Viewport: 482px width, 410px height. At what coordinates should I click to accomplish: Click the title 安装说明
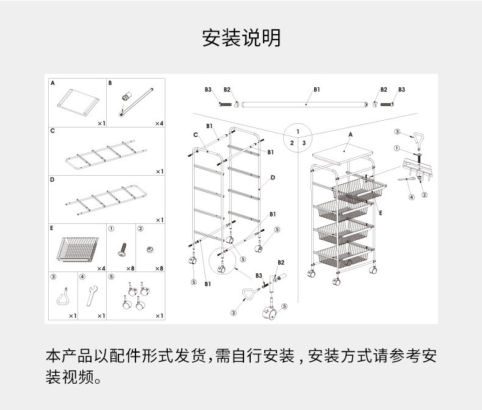(x=241, y=38)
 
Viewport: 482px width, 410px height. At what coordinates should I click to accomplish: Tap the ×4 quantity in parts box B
(x=159, y=123)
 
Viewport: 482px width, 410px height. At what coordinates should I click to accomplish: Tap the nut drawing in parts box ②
(x=148, y=249)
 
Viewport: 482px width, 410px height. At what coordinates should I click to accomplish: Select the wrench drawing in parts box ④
(x=92, y=298)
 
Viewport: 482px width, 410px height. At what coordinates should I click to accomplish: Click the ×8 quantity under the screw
(x=129, y=268)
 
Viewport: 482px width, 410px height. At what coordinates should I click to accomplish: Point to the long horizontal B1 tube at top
(x=305, y=104)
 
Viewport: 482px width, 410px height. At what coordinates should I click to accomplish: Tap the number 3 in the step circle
(x=304, y=143)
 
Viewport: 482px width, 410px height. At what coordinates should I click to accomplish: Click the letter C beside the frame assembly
(x=196, y=135)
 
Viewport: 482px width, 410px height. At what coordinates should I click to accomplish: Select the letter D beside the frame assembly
(x=273, y=178)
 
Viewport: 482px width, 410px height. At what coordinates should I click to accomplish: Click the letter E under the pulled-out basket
(x=379, y=213)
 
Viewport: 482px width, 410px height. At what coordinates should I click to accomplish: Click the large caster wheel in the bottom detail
(x=268, y=315)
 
